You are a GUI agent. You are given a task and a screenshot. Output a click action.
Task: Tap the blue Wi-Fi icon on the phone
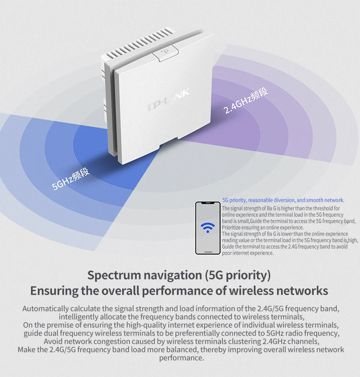[208, 228]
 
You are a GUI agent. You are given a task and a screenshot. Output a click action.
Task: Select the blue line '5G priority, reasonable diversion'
[283, 200]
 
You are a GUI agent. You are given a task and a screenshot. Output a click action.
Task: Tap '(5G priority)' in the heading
[238, 275]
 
